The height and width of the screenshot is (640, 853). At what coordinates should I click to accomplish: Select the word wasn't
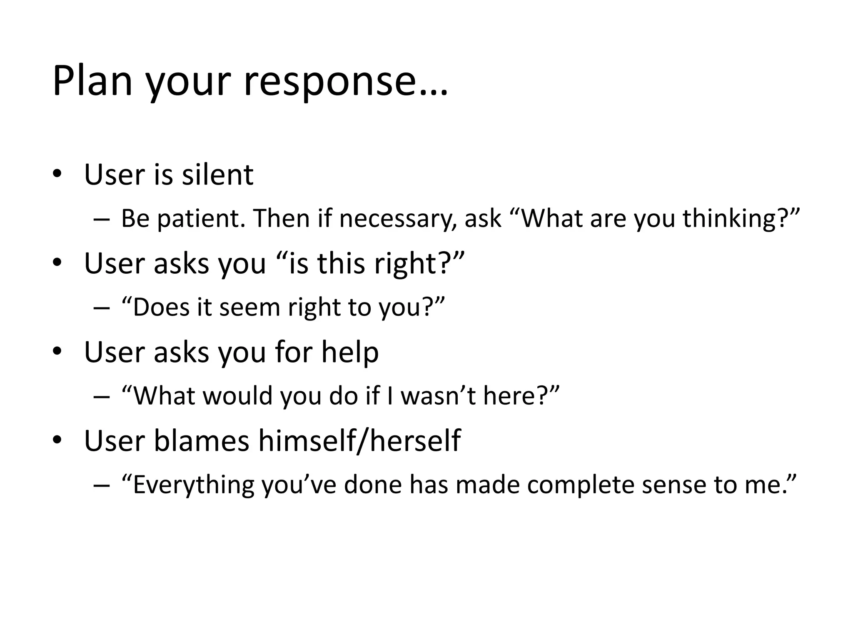(x=438, y=395)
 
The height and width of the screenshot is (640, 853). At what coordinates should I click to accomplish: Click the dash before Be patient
(x=102, y=219)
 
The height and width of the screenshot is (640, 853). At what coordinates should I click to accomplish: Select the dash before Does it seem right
(x=102, y=308)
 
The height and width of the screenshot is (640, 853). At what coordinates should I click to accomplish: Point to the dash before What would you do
(x=102, y=396)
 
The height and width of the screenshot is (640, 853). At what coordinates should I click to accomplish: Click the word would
(x=237, y=395)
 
